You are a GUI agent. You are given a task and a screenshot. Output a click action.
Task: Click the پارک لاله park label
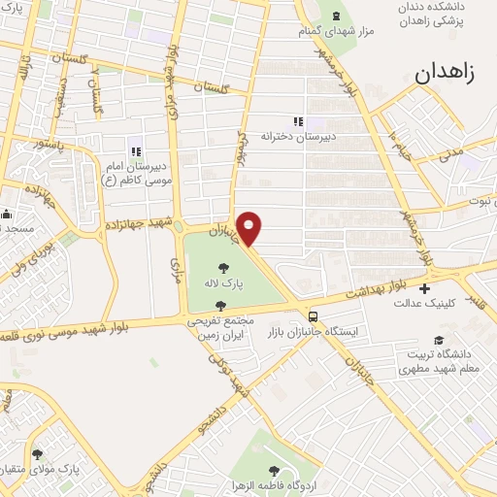[x=224, y=282]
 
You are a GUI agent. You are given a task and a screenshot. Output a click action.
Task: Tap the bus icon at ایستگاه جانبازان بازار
[x=313, y=315]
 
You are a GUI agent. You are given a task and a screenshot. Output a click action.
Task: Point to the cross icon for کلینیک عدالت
[x=424, y=288]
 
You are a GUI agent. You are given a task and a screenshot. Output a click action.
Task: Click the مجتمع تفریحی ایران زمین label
[x=223, y=327]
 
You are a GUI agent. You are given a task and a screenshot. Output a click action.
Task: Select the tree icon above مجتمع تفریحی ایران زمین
[x=222, y=305]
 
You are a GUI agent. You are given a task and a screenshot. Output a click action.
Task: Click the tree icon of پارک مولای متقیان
[x=38, y=453]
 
